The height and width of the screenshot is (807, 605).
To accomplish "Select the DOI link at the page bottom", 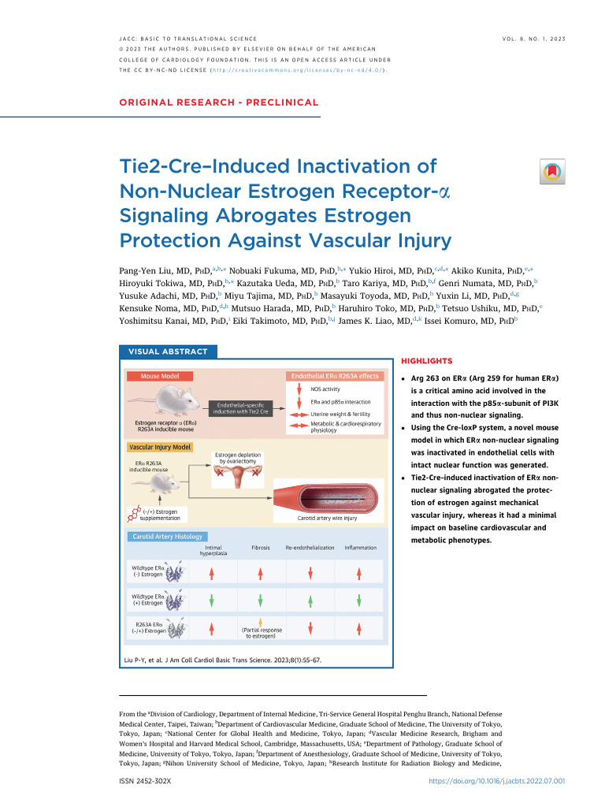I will [x=496, y=781].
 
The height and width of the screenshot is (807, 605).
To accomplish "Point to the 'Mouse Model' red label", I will [x=160, y=376].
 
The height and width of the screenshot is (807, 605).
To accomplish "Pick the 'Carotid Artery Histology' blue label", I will [x=167, y=537].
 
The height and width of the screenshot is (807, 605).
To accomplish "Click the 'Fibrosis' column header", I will [x=261, y=547].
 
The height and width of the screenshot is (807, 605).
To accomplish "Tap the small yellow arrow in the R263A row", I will [x=261, y=622].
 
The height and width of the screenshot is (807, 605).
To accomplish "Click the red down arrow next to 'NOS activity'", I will [x=299, y=389].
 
